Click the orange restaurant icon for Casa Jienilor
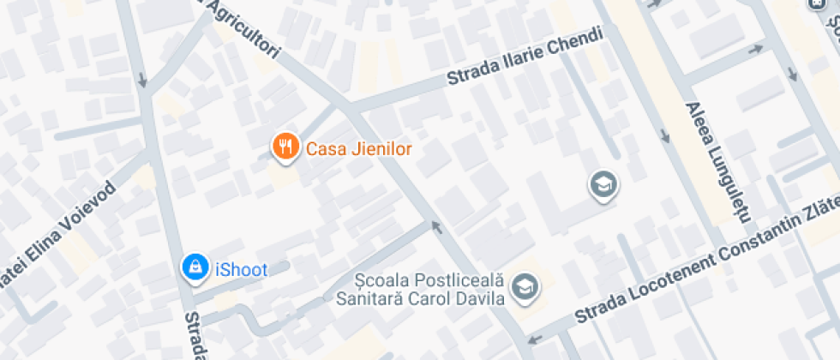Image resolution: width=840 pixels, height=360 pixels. (285, 147)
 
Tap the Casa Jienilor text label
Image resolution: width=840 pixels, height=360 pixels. (359, 149)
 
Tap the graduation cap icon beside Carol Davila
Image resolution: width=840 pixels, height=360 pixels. (523, 289)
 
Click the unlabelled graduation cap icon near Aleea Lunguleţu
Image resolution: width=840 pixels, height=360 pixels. (603, 183)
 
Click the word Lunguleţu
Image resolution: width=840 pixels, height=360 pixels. (725, 178)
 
